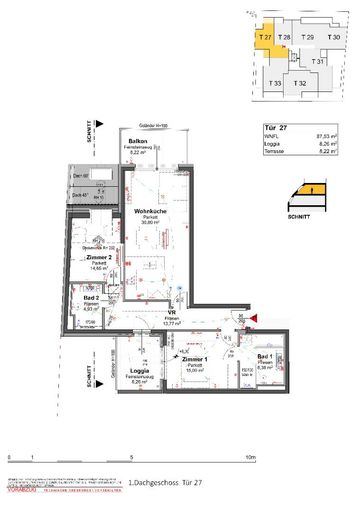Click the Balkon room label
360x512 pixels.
tap(138, 142)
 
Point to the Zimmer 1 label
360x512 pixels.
tap(193, 359)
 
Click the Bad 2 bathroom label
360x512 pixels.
tap(89, 298)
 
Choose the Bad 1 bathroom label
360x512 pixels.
tap(264, 357)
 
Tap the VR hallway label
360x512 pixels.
tap(171, 313)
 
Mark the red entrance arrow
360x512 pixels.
tap(253, 318)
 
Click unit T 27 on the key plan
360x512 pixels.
tap(264, 36)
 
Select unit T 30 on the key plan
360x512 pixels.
tap(334, 37)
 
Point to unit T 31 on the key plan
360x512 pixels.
tap(318, 61)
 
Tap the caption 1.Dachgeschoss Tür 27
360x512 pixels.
tap(164, 484)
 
